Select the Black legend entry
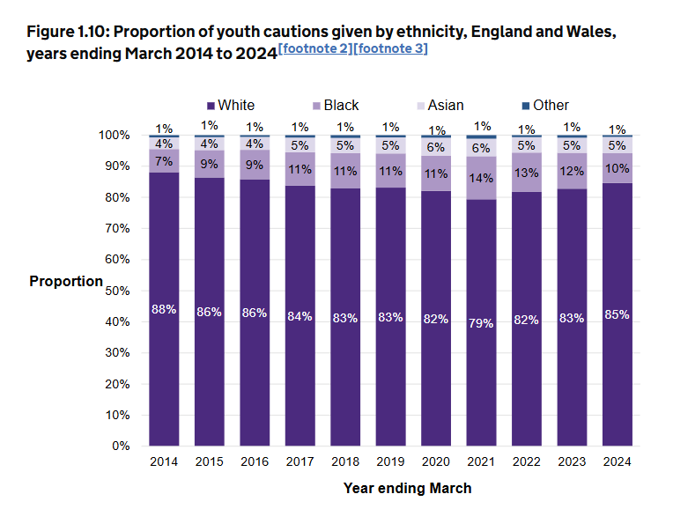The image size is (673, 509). tap(335, 106)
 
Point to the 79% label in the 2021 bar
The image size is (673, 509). tap(481, 322)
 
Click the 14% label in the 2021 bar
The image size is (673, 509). tap(481, 177)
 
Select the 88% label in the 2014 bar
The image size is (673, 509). tap(163, 309)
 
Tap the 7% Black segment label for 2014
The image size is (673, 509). tap(163, 161)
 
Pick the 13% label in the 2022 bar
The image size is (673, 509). tap(527, 172)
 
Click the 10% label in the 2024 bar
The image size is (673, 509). tap(618, 167)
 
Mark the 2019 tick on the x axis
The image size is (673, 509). tap(390, 461)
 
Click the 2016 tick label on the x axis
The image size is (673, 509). tap(254, 461)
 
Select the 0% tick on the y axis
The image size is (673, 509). tap(121, 446)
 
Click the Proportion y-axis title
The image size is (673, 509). tap(66, 282)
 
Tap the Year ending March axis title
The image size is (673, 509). tap(407, 488)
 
